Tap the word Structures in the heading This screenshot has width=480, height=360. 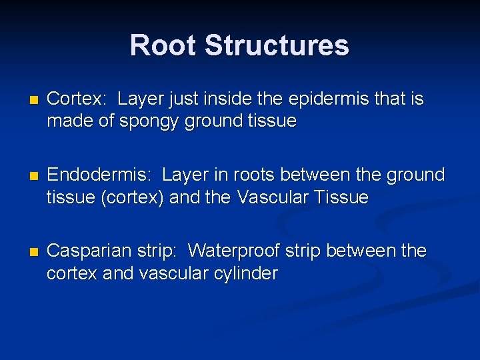277,45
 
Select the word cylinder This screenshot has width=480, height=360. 245,274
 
